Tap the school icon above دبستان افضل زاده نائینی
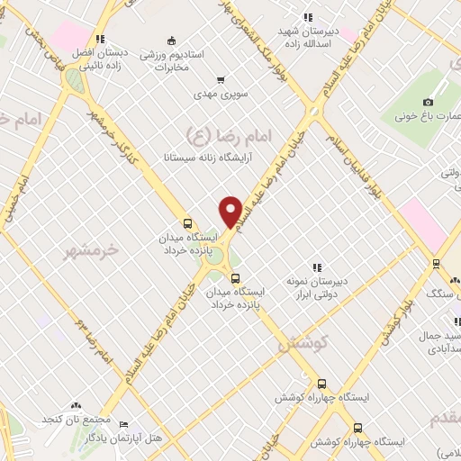100,39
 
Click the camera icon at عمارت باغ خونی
428,102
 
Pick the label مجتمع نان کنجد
76,420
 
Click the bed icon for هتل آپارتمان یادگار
123,424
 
